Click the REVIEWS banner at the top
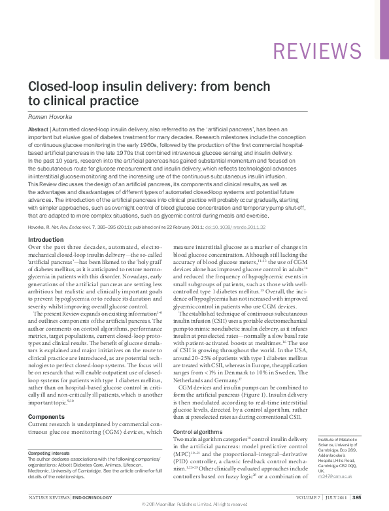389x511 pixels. click(316, 51)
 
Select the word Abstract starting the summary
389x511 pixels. click(38, 130)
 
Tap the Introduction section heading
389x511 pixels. click(46, 240)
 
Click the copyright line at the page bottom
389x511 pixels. click(194, 504)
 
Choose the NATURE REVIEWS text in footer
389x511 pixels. click(48, 497)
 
